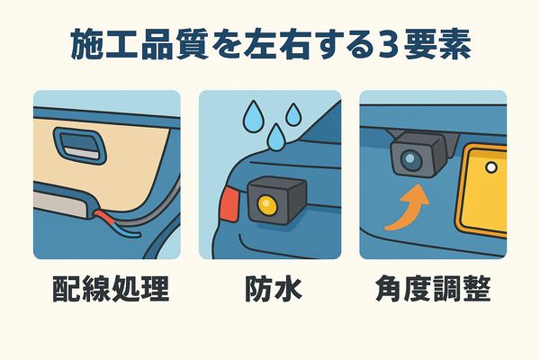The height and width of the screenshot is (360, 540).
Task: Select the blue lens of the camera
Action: (x=410, y=158)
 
